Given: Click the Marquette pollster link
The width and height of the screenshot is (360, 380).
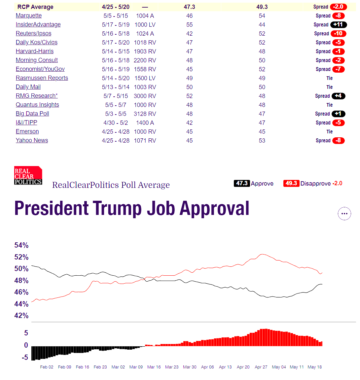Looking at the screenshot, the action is click(29, 16).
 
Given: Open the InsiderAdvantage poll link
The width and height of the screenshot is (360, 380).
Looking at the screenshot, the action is click(38, 24).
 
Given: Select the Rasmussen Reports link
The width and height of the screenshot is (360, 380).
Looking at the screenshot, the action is click(42, 78).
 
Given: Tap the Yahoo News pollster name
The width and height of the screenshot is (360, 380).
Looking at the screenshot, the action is click(32, 140).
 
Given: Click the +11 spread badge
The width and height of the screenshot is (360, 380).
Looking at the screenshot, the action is click(339, 25).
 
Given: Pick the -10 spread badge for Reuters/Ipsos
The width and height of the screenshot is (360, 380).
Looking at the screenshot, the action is click(339, 33).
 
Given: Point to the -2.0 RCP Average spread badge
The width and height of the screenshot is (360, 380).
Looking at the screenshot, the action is click(339, 7).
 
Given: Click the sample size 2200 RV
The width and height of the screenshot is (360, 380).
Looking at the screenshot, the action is click(145, 60).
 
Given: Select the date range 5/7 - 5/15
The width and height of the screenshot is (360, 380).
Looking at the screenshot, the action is click(116, 96).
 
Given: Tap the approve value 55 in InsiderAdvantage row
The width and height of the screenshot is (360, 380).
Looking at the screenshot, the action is click(189, 25).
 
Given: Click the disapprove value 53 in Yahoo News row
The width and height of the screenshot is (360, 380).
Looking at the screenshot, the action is click(262, 141).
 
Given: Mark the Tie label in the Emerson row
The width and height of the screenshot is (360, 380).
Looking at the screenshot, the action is click(330, 132).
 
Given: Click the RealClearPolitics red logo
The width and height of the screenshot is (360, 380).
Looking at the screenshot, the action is click(28, 175).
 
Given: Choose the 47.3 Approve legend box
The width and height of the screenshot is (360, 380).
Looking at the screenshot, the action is click(242, 184).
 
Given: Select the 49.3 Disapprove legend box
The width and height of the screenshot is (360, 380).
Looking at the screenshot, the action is click(291, 184).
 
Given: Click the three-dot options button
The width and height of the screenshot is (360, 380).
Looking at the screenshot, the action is click(344, 214).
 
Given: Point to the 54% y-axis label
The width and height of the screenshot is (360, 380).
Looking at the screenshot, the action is click(21, 245).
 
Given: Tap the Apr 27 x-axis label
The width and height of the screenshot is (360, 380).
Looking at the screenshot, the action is click(261, 367).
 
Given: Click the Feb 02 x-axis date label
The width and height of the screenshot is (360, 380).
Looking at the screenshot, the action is click(47, 367).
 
